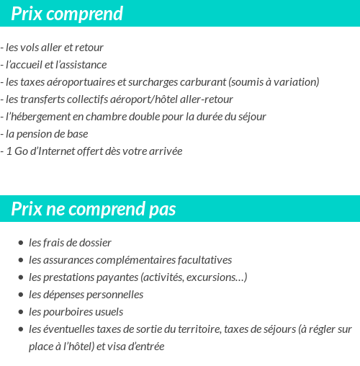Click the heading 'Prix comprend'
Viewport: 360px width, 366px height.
pos(67,14)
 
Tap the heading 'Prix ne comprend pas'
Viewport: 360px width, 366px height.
pos(94,209)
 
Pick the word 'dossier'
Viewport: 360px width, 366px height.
pos(94,243)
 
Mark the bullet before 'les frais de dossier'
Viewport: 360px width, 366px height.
pos(22,244)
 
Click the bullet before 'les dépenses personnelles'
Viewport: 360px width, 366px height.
pos(22,295)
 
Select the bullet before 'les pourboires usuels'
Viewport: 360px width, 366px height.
pos(22,313)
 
